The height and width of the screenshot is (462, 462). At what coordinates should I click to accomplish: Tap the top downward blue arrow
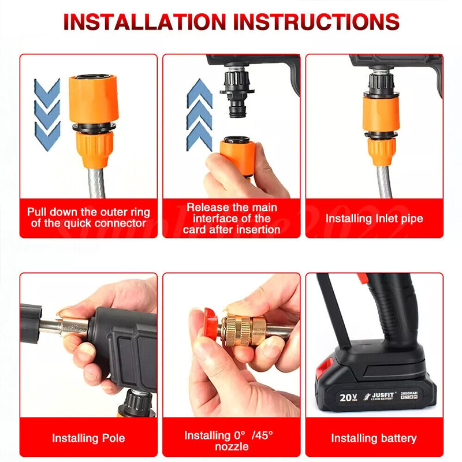[47, 92]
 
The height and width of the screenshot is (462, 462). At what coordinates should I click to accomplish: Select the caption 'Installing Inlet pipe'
[374, 219]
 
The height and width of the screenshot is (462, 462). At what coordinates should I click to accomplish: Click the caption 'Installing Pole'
[88, 438]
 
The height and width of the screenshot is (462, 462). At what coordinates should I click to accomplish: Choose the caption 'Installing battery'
[374, 438]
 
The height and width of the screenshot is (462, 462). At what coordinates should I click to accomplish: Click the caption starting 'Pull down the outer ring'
[88, 218]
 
